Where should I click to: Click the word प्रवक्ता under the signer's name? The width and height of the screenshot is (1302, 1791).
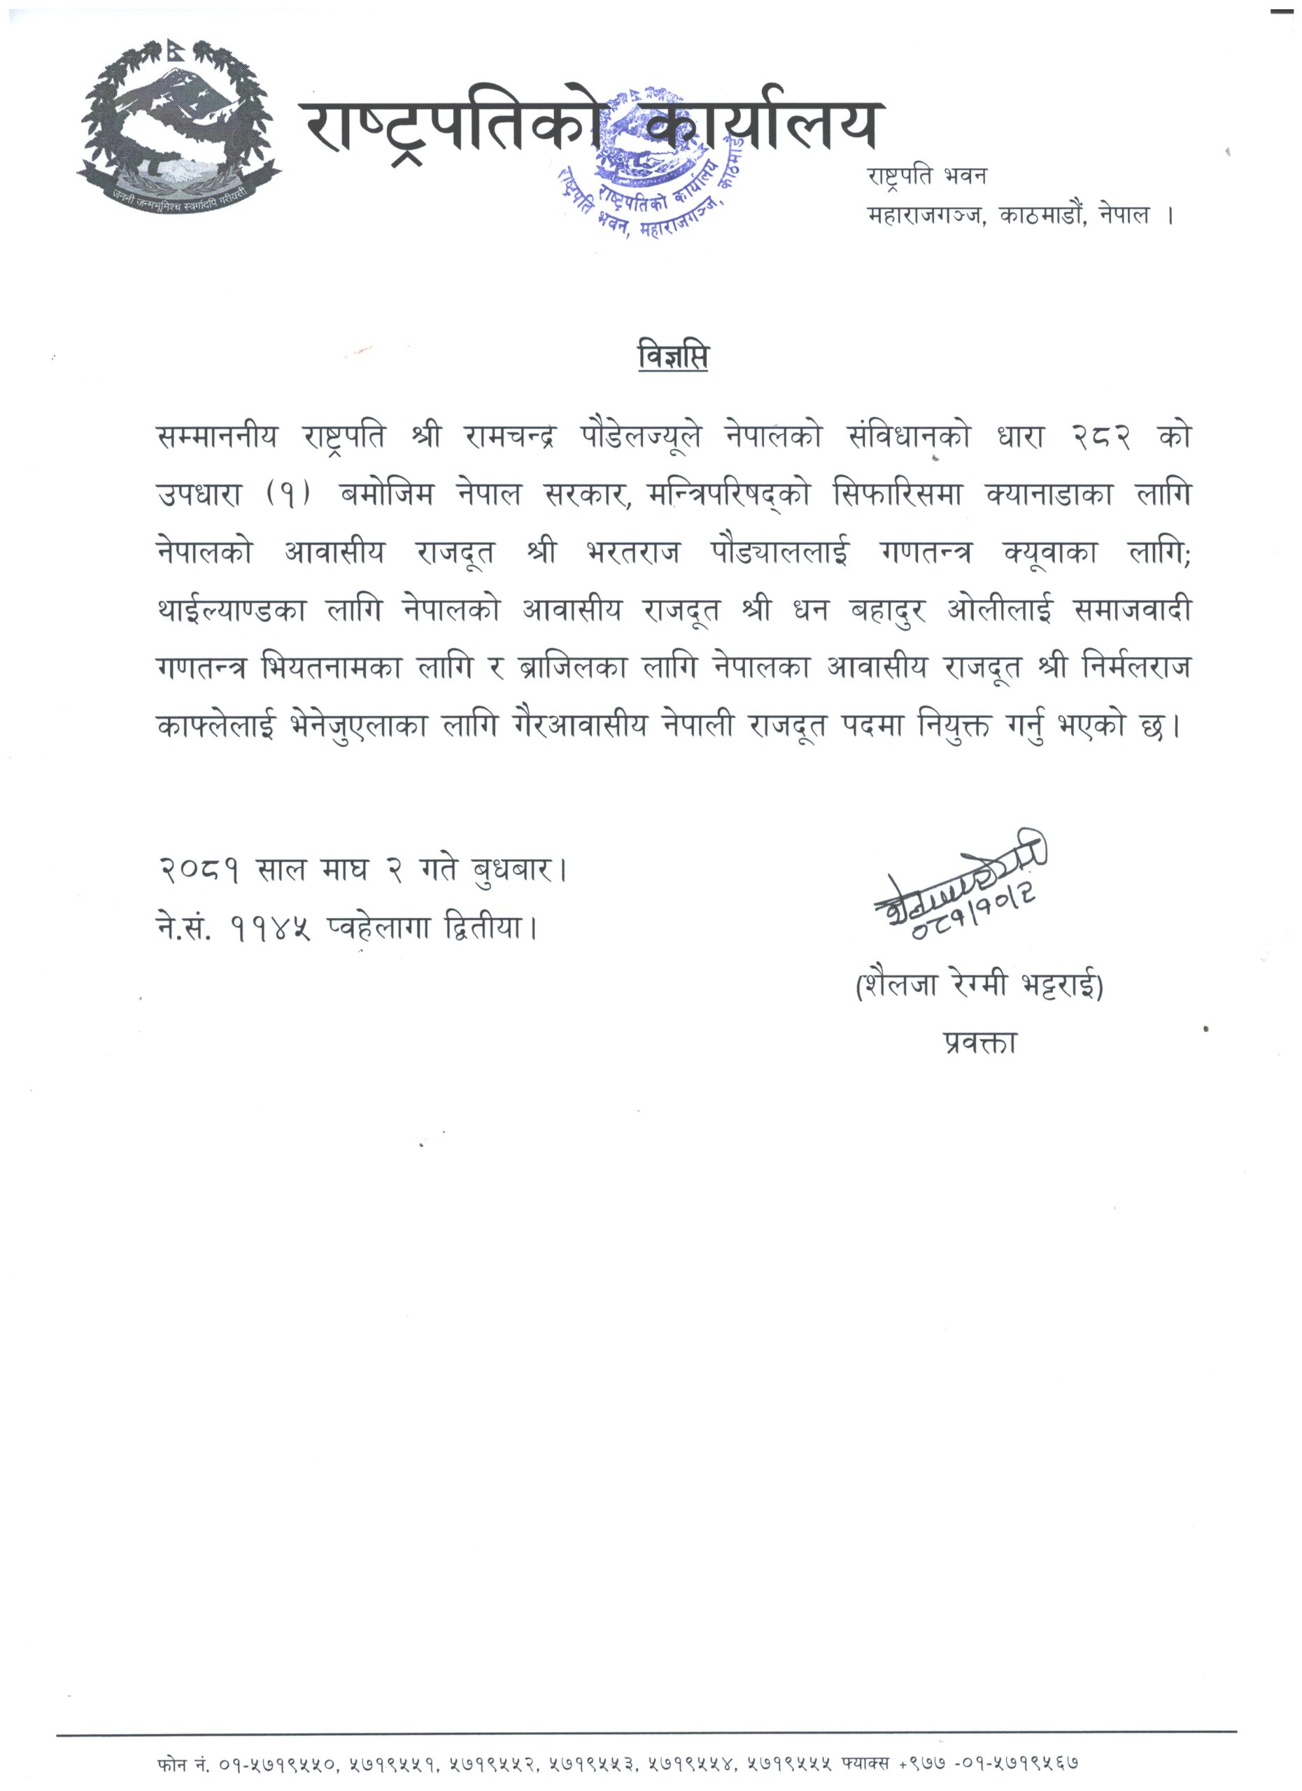pyautogui.click(x=979, y=1043)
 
